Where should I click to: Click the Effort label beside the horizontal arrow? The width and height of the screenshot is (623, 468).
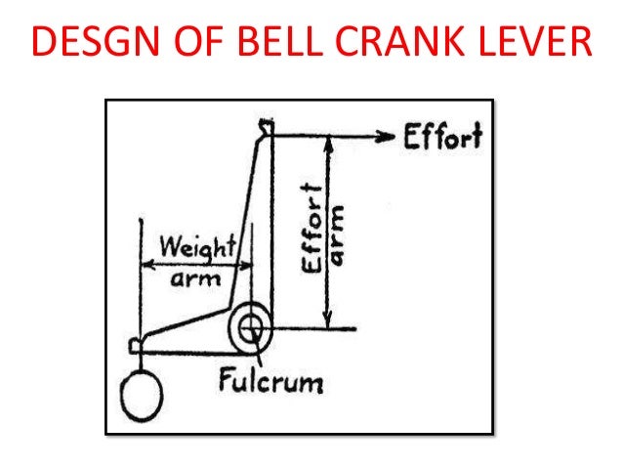click(442, 138)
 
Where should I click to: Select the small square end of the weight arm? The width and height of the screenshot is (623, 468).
click(137, 343)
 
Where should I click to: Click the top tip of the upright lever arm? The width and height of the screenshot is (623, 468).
click(266, 125)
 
